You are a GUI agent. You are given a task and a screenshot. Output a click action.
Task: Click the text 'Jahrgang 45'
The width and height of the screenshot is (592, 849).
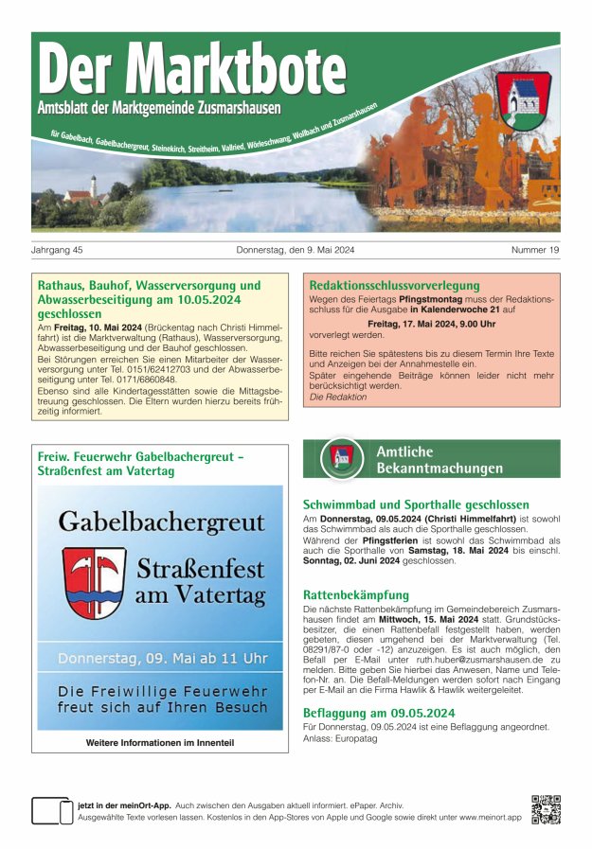coord(58,250)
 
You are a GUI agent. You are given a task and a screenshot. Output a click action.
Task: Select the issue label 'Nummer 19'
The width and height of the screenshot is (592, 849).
coord(535,250)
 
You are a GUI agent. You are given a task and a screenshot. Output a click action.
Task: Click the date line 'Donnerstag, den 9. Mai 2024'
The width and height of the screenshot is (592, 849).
coord(295,250)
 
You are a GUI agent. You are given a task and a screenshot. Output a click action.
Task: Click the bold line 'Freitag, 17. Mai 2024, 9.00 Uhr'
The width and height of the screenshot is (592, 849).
coord(432,322)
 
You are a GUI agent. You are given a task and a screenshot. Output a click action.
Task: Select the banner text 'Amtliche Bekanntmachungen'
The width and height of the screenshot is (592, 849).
coord(439,460)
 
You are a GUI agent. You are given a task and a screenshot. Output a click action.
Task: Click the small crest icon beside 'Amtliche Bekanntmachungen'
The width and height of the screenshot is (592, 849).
coord(340,459)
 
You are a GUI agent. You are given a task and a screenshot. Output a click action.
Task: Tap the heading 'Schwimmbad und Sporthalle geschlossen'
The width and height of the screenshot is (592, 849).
coord(416,504)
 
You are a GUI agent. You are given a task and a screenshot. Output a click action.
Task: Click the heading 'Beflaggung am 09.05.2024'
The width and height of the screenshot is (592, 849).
coord(379,713)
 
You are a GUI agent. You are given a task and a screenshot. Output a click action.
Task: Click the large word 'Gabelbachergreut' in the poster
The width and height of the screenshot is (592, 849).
coord(161,521)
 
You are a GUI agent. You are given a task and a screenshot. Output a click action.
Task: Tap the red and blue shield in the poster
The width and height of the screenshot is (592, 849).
coord(95,581)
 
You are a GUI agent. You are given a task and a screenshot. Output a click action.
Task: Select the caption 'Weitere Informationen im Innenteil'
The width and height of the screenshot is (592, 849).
coord(160,743)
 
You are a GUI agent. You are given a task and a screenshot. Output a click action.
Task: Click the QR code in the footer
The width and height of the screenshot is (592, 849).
coord(546,810)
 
